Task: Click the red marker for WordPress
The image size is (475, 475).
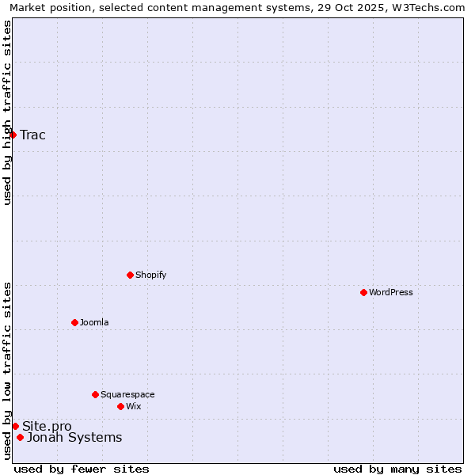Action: pos(363,292)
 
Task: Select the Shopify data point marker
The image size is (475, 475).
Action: pos(130,275)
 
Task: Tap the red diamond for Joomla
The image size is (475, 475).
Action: pos(74,322)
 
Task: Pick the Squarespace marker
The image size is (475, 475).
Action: pos(95,394)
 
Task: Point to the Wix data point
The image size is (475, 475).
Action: pos(120,406)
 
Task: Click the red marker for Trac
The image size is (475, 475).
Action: pos(13,135)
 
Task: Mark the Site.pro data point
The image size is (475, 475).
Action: pos(15,426)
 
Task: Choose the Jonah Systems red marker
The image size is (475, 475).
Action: pos(20,437)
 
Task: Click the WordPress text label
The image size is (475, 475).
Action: pos(391,292)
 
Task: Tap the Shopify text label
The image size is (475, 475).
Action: pos(150,275)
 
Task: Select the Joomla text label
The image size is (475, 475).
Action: pos(94,322)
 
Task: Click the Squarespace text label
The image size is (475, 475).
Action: pos(127,394)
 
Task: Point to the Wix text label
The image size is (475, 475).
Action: pos(133,406)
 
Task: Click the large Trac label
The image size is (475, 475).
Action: pos(33,135)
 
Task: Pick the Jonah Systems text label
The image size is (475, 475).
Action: pos(74,437)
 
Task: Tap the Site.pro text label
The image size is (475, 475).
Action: pos(47,427)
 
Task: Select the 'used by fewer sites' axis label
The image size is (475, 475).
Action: pos(82,469)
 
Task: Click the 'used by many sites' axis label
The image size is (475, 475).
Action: pos(397,469)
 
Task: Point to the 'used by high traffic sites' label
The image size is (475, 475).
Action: pos(8,112)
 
